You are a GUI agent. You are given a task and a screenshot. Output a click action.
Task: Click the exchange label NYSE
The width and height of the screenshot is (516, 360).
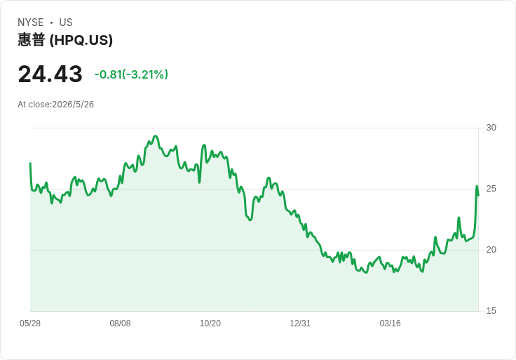pyautogui.click(x=31, y=22)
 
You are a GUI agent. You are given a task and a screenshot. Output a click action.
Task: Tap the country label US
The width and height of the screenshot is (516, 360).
pyautogui.click(x=66, y=22)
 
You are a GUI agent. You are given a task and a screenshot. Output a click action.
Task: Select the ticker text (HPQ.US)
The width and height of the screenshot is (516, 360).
pyautogui.click(x=81, y=40)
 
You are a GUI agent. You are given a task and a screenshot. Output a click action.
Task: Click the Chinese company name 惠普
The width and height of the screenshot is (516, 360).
pyautogui.click(x=32, y=40)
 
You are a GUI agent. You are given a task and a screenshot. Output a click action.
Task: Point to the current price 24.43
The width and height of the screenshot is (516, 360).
pyautogui.click(x=50, y=74)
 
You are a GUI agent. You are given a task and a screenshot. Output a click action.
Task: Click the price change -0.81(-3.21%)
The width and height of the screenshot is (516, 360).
pyautogui.click(x=131, y=74)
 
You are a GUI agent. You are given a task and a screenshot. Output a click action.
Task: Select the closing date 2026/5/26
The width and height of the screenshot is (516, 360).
pyautogui.click(x=73, y=105)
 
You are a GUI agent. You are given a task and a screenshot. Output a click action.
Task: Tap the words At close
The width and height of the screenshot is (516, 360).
pyautogui.click(x=34, y=105)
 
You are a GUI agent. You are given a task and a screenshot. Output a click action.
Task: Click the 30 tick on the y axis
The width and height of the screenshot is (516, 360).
pyautogui.click(x=491, y=128)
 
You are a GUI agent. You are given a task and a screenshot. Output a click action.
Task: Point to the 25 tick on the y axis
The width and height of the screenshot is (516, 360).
pyautogui.click(x=491, y=189)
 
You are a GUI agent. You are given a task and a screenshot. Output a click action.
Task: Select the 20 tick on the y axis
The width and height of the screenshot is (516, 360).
pyautogui.click(x=491, y=250)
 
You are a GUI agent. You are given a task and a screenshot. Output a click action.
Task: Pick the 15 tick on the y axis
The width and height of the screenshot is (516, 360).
pyautogui.click(x=491, y=311)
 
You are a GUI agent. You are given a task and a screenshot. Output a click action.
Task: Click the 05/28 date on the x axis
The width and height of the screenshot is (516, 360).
pyautogui.click(x=30, y=324)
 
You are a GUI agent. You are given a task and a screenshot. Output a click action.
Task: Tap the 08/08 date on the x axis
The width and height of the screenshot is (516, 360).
pyautogui.click(x=120, y=324)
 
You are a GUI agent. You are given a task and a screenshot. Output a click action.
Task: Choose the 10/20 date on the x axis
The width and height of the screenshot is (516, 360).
pyautogui.click(x=210, y=324)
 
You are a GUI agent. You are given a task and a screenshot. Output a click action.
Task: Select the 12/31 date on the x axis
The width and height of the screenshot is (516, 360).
pyautogui.click(x=300, y=324)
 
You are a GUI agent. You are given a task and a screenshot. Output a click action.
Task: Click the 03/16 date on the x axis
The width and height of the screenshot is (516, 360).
pyautogui.click(x=391, y=324)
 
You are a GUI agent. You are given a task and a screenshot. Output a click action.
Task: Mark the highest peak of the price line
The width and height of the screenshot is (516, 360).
pyautogui.click(x=156, y=135)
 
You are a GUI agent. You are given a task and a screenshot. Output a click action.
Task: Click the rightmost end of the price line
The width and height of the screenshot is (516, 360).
pyautogui.click(x=478, y=196)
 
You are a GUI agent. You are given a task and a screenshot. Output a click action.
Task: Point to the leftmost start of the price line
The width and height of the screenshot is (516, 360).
pyautogui.click(x=30, y=163)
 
